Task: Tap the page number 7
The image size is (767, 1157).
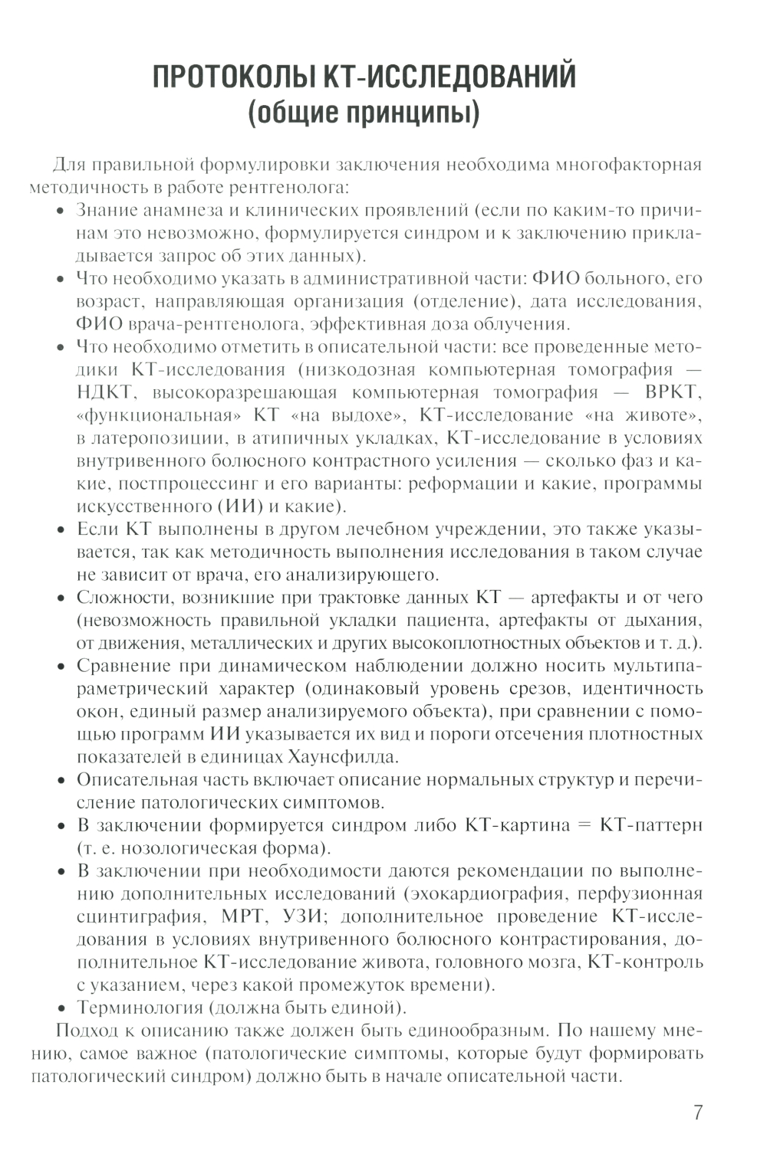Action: click(697, 1113)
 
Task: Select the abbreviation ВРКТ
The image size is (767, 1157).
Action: click(672, 392)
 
